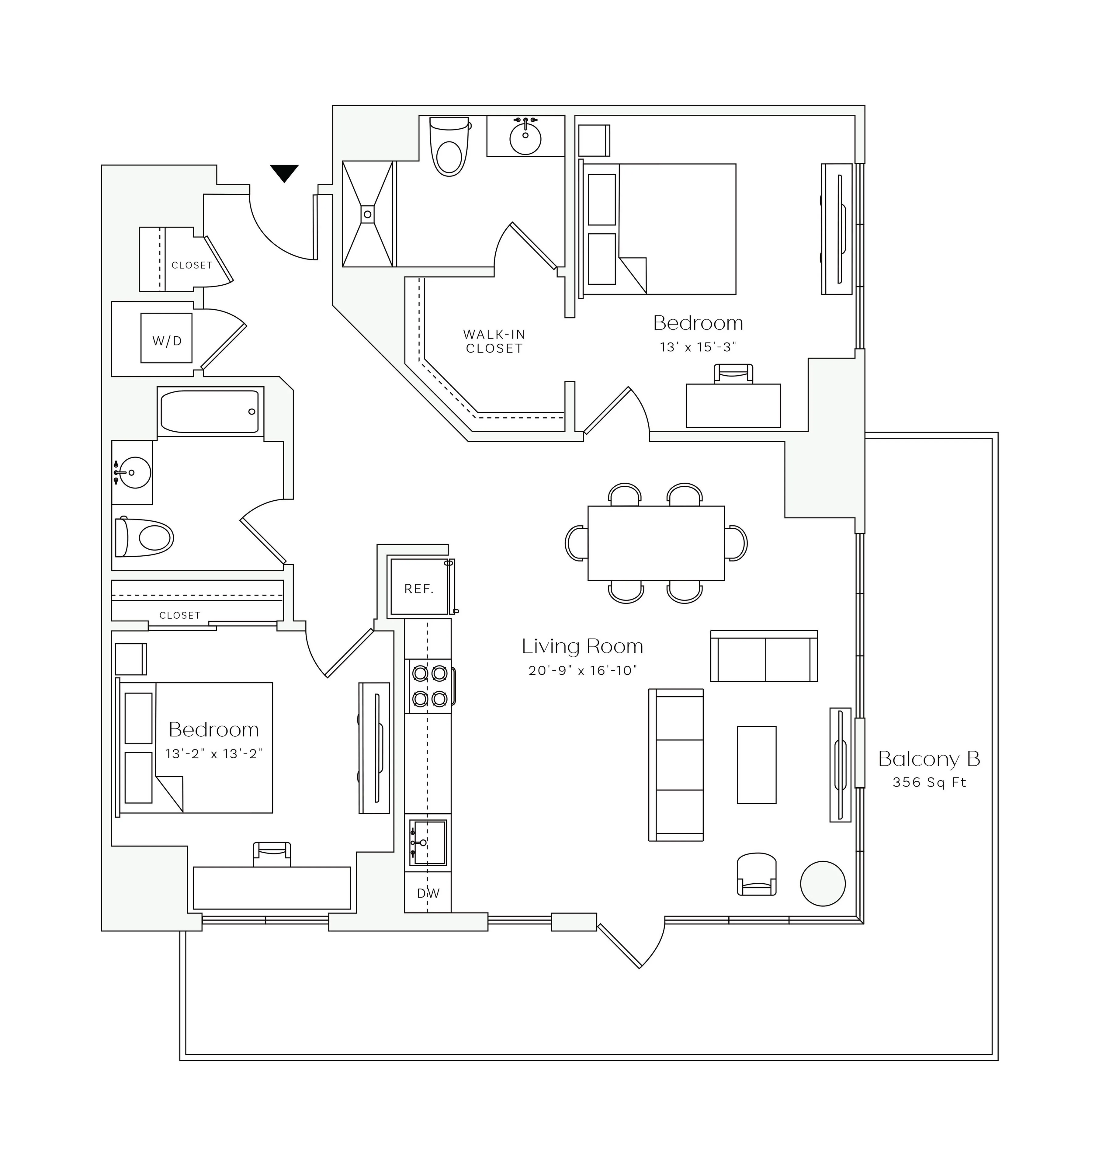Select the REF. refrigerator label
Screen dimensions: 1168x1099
[x=419, y=589]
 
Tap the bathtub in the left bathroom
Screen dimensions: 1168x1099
[x=210, y=411]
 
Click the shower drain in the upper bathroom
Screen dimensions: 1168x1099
[x=368, y=214]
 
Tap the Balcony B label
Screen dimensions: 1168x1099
[x=929, y=759]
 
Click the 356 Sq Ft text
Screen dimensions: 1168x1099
[x=929, y=783]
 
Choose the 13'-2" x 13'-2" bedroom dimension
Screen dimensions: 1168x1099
[x=213, y=754]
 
